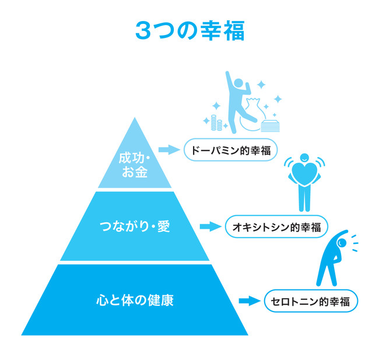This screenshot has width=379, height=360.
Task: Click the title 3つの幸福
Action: [x=189, y=30]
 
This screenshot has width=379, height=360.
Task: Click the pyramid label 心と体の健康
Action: [x=135, y=301]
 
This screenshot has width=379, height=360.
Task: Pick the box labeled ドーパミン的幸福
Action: [x=230, y=150]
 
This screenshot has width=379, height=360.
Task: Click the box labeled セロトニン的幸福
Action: [x=310, y=301]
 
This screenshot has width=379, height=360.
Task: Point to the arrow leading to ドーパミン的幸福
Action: [x=170, y=150]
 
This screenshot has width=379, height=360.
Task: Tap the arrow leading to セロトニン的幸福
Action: [x=248, y=301]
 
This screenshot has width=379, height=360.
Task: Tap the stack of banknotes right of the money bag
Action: [x=270, y=124]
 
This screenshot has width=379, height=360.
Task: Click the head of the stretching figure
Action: [x=341, y=241]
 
